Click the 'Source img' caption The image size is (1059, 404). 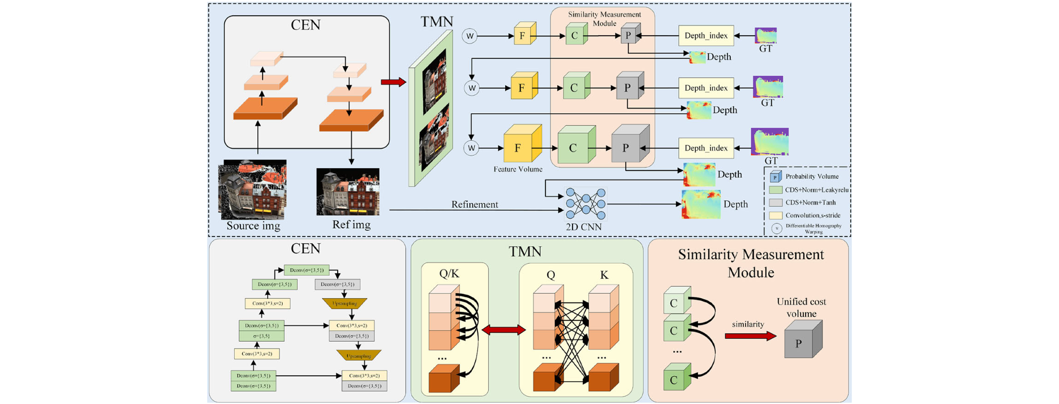pyautogui.click(x=253, y=226)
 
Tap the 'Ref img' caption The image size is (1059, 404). pyautogui.click(x=351, y=225)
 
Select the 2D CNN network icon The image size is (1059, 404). pyautogui.click(x=586, y=204)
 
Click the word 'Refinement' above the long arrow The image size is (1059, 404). pyautogui.click(x=475, y=204)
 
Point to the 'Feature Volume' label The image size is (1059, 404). pyautogui.click(x=518, y=169)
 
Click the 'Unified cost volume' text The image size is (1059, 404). pyautogui.click(x=801, y=307)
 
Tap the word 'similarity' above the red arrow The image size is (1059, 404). pyautogui.click(x=748, y=324)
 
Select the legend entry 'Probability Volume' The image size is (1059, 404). pyautogui.click(x=812, y=177)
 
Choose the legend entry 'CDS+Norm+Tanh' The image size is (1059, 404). pyautogui.click(x=810, y=202)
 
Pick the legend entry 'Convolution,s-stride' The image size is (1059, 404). pyautogui.click(x=812, y=215)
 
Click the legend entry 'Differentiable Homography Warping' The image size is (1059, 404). pyautogui.click(x=813, y=228)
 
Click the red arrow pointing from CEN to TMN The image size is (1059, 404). pyautogui.click(x=393, y=83)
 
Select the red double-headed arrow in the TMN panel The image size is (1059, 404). pyautogui.click(x=503, y=330)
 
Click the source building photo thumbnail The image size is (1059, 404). pyautogui.click(x=252, y=189)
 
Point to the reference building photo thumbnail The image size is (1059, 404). pyautogui.click(x=348, y=192)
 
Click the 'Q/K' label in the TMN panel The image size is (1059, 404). pyautogui.click(x=449, y=274)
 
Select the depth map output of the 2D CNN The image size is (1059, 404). pyautogui.click(x=701, y=204)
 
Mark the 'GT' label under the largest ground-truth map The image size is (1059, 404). pyautogui.click(x=770, y=161)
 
